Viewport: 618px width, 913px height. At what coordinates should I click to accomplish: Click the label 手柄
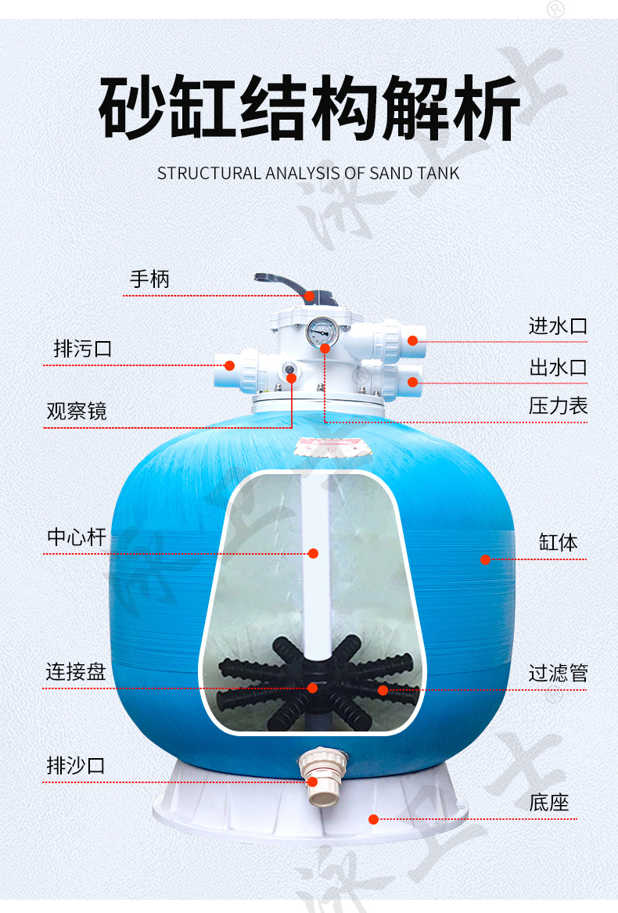pyautogui.click(x=149, y=279)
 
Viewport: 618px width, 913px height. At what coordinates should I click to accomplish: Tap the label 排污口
pyautogui.click(x=83, y=348)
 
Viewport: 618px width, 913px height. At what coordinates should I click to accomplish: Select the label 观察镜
pyautogui.click(x=77, y=411)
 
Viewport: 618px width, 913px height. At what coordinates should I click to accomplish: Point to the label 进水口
pyautogui.click(x=558, y=325)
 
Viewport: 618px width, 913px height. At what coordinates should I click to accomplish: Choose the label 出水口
pyautogui.click(x=558, y=367)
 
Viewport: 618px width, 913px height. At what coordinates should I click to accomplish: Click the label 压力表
pyautogui.click(x=558, y=406)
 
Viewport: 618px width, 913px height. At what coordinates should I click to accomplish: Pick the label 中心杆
pyautogui.click(x=77, y=537)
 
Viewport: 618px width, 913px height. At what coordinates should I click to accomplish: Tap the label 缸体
pyautogui.click(x=558, y=542)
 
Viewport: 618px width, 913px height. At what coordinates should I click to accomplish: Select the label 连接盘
pyautogui.click(x=76, y=671)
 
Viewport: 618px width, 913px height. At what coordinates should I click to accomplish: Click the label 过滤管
pyautogui.click(x=558, y=673)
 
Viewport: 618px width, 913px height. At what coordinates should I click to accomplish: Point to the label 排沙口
pyautogui.click(x=76, y=765)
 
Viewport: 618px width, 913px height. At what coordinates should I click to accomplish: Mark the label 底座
pyautogui.click(x=548, y=803)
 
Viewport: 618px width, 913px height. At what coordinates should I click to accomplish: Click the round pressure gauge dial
pyautogui.click(x=320, y=332)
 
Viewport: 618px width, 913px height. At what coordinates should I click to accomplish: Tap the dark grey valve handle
pyautogui.click(x=285, y=283)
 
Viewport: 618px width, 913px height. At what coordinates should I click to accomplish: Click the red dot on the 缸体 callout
pyautogui.click(x=485, y=559)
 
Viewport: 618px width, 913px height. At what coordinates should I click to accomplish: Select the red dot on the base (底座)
pyautogui.click(x=374, y=819)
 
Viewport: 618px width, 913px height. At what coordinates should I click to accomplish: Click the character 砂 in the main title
pyautogui.click(x=131, y=108)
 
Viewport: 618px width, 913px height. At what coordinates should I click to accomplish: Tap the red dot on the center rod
pyautogui.click(x=314, y=553)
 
